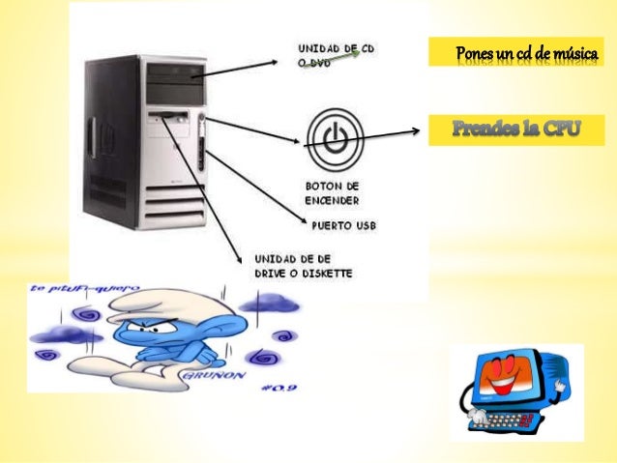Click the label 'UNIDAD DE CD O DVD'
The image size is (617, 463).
click(x=333, y=55)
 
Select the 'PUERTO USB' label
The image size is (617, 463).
click(x=342, y=227)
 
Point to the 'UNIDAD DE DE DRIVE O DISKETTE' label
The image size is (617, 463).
click(x=303, y=266)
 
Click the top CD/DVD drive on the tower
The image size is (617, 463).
click(x=173, y=72)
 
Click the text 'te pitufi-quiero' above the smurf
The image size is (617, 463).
click(x=81, y=288)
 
